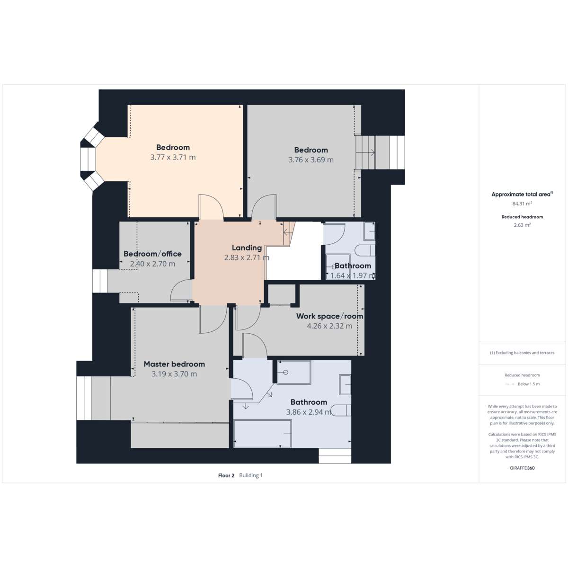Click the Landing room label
pyautogui.click(x=247, y=248)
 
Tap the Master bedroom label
pyautogui.click(x=174, y=364)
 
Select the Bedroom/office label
pyautogui.click(x=152, y=254)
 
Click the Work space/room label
pyautogui.click(x=329, y=316)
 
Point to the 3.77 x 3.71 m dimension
pyautogui.click(x=173, y=157)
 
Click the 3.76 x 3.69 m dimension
pyautogui.click(x=311, y=160)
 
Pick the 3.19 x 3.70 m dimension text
pyautogui.click(x=174, y=374)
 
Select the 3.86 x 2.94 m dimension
pyautogui.click(x=309, y=412)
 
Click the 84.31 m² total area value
pyautogui.click(x=522, y=204)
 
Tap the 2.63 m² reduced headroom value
pyautogui.click(x=522, y=225)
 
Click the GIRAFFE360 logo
pyautogui.click(x=522, y=468)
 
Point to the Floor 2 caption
pyautogui.click(x=226, y=475)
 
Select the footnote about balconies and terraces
pyautogui.click(x=522, y=353)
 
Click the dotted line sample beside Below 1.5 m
pyautogui.click(x=509, y=384)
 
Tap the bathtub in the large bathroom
pyautogui.click(x=263, y=434)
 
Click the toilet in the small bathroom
pyautogui.click(x=365, y=251)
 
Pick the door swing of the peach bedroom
pyautogui.click(x=211, y=207)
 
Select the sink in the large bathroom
pyautogui.click(x=345, y=384)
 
